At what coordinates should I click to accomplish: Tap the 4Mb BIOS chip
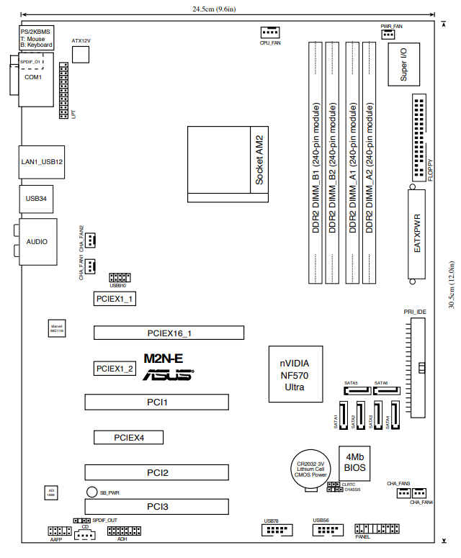tap(357, 463)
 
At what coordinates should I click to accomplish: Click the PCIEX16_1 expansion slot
tap(169, 333)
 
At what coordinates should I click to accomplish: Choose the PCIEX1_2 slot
tap(115, 368)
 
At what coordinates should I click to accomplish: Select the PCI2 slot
tap(157, 473)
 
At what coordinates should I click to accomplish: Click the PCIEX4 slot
tap(129, 437)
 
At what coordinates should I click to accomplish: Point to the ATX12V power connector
tap(81, 53)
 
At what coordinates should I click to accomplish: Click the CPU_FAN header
tap(269, 32)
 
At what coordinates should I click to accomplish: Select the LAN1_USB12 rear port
tap(42, 162)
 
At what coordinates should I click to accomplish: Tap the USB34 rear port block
tap(36, 198)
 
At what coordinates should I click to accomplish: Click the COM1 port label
tap(33, 77)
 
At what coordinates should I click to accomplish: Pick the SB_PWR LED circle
tap(92, 492)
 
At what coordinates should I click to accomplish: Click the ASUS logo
tap(169, 375)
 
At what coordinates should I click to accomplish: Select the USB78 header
tap(277, 531)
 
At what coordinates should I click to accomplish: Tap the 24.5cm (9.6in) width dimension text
tap(230, 9)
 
